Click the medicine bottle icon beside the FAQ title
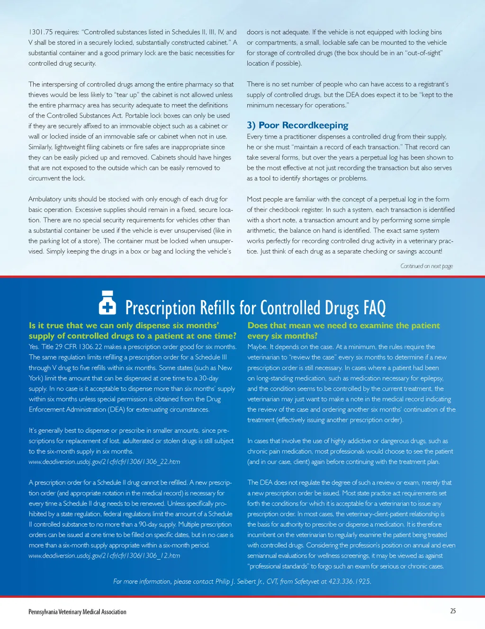coord(108,303)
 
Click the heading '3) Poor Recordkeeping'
coord(297,125)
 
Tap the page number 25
coord(453,611)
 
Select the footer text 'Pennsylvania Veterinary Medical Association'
coord(77,612)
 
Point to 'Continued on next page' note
coord(426,266)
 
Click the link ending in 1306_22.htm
coord(104,461)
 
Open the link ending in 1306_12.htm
coord(104,556)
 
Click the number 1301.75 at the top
coord(40,32)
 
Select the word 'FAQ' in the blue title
coord(374,308)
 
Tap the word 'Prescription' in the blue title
coord(160,308)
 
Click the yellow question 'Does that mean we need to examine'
coord(343,326)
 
